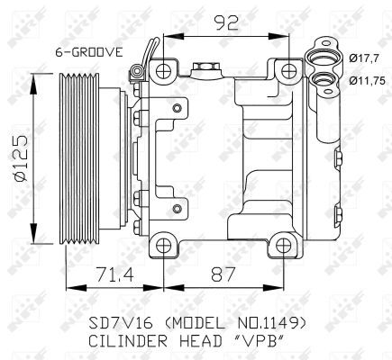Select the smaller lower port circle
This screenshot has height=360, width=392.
click(x=320, y=79)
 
